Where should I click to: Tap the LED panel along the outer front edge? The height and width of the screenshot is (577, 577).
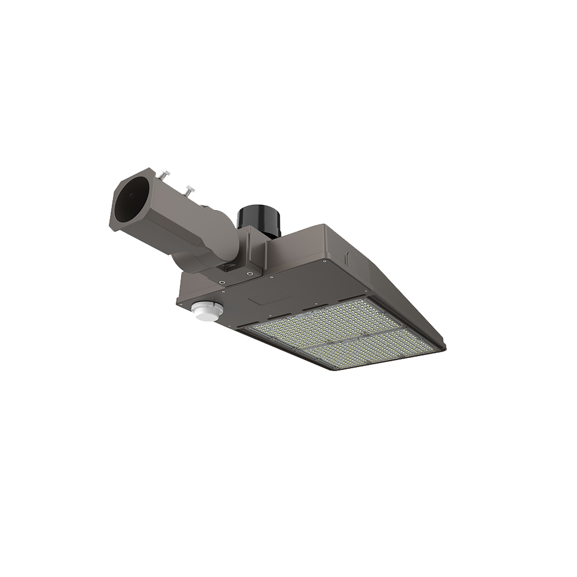tap(369, 350)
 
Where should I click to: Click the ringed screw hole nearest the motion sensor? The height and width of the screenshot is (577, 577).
tap(223, 282)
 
